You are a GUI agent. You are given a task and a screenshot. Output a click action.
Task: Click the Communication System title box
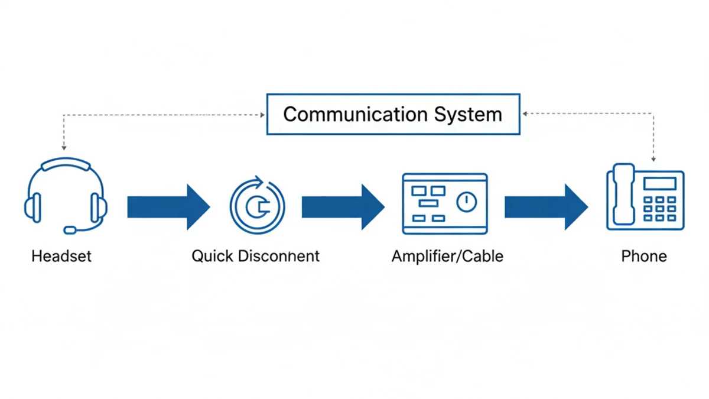[x=393, y=114]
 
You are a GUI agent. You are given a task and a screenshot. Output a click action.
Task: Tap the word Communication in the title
[x=343, y=114]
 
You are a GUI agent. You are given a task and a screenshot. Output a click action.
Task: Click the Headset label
[x=61, y=257]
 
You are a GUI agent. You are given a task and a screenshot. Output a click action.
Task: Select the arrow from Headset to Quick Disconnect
[x=168, y=206]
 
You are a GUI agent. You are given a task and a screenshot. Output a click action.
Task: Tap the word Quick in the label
[x=211, y=257]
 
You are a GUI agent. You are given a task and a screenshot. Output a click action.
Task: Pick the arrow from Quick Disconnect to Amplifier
[x=343, y=206]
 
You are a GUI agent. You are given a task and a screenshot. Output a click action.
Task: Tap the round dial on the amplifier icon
[x=466, y=202]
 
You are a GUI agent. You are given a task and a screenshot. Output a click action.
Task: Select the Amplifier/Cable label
[x=447, y=257]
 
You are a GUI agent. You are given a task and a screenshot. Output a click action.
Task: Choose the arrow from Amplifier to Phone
[x=545, y=206]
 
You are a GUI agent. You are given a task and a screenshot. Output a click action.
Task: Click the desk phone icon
[x=645, y=199]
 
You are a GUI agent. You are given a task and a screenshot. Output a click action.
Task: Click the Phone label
[x=644, y=257]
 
